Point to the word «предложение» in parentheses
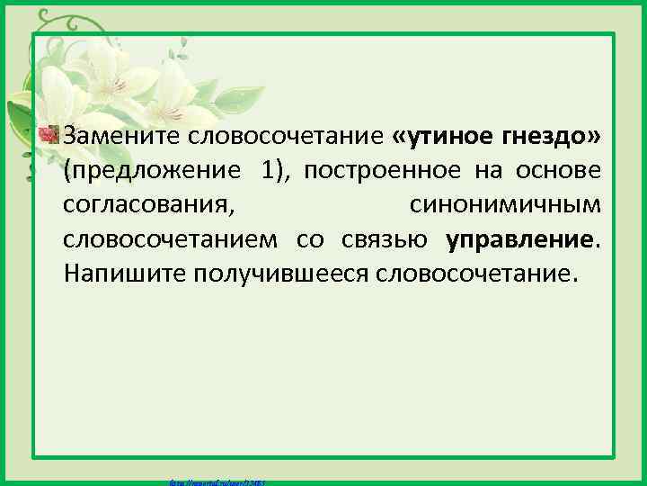151,170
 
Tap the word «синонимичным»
505,204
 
